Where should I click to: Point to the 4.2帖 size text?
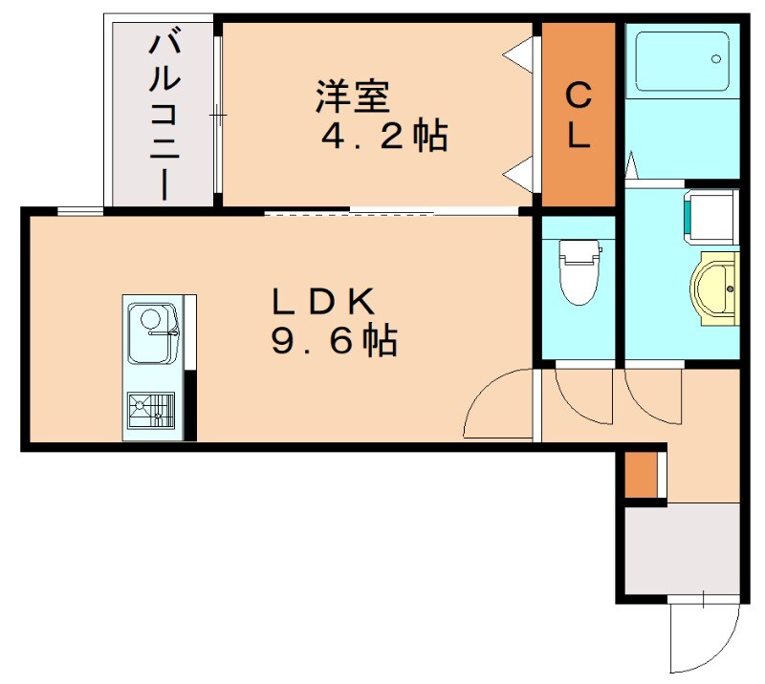tap(383, 137)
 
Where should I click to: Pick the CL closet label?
tap(578, 115)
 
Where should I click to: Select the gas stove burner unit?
tap(150, 409)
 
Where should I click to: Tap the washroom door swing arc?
tap(652, 394)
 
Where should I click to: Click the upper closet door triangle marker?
tap(517, 52)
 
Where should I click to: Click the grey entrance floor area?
tap(682, 550)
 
